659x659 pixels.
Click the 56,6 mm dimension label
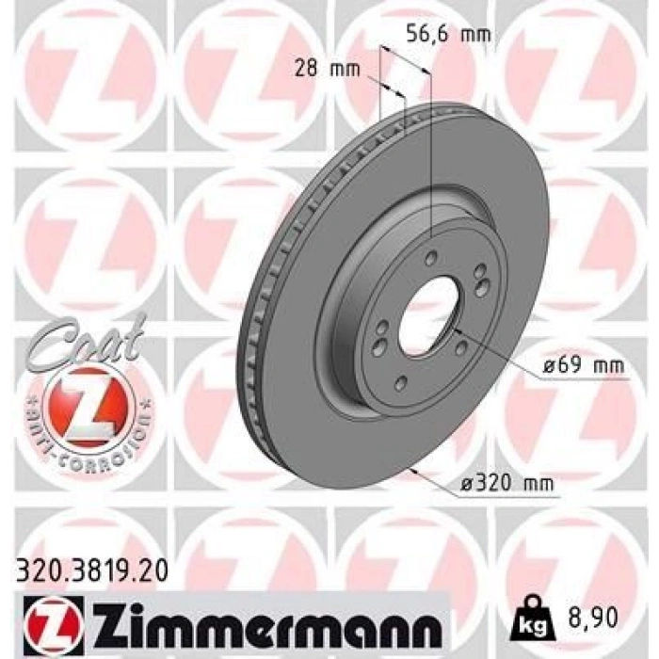pos(448,33)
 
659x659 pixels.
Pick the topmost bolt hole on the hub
pos(430,259)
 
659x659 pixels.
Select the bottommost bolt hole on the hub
pos(402,382)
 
